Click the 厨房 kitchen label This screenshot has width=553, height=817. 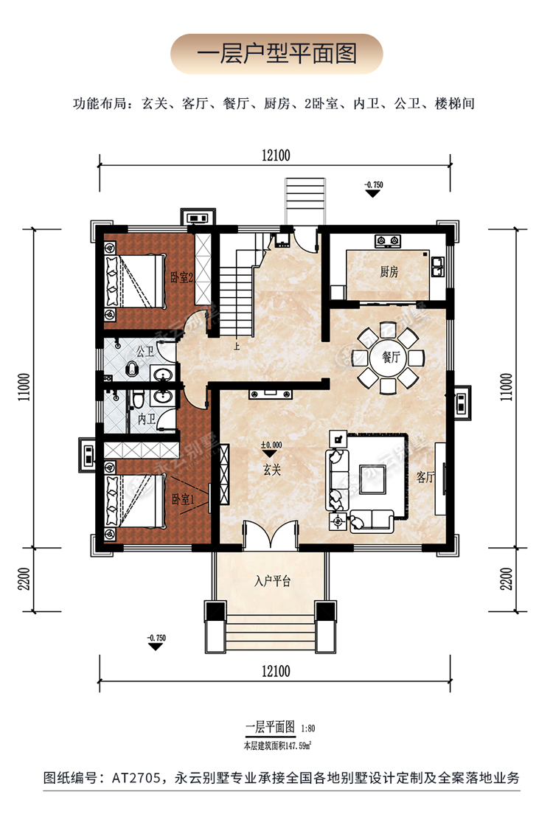tap(389, 271)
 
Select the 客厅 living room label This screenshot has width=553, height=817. tap(425, 476)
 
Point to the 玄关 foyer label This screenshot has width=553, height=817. tap(271, 470)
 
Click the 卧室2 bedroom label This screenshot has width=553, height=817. tap(182, 278)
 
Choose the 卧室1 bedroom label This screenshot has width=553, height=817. tap(183, 499)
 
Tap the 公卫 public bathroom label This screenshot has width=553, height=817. tap(145, 352)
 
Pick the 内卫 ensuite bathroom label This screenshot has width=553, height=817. tap(147, 418)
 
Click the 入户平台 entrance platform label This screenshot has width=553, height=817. tap(272, 580)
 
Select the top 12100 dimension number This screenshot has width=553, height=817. tap(276, 156)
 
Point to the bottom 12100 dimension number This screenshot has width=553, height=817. tap(276, 671)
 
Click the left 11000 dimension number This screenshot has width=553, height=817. tap(24, 386)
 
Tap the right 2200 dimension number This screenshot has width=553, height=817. tap(506, 579)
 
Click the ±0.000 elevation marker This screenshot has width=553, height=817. tap(271, 445)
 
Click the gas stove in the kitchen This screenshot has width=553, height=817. tap(389, 241)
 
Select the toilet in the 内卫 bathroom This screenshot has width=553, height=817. tap(138, 400)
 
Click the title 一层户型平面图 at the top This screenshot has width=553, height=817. tap(276, 54)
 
